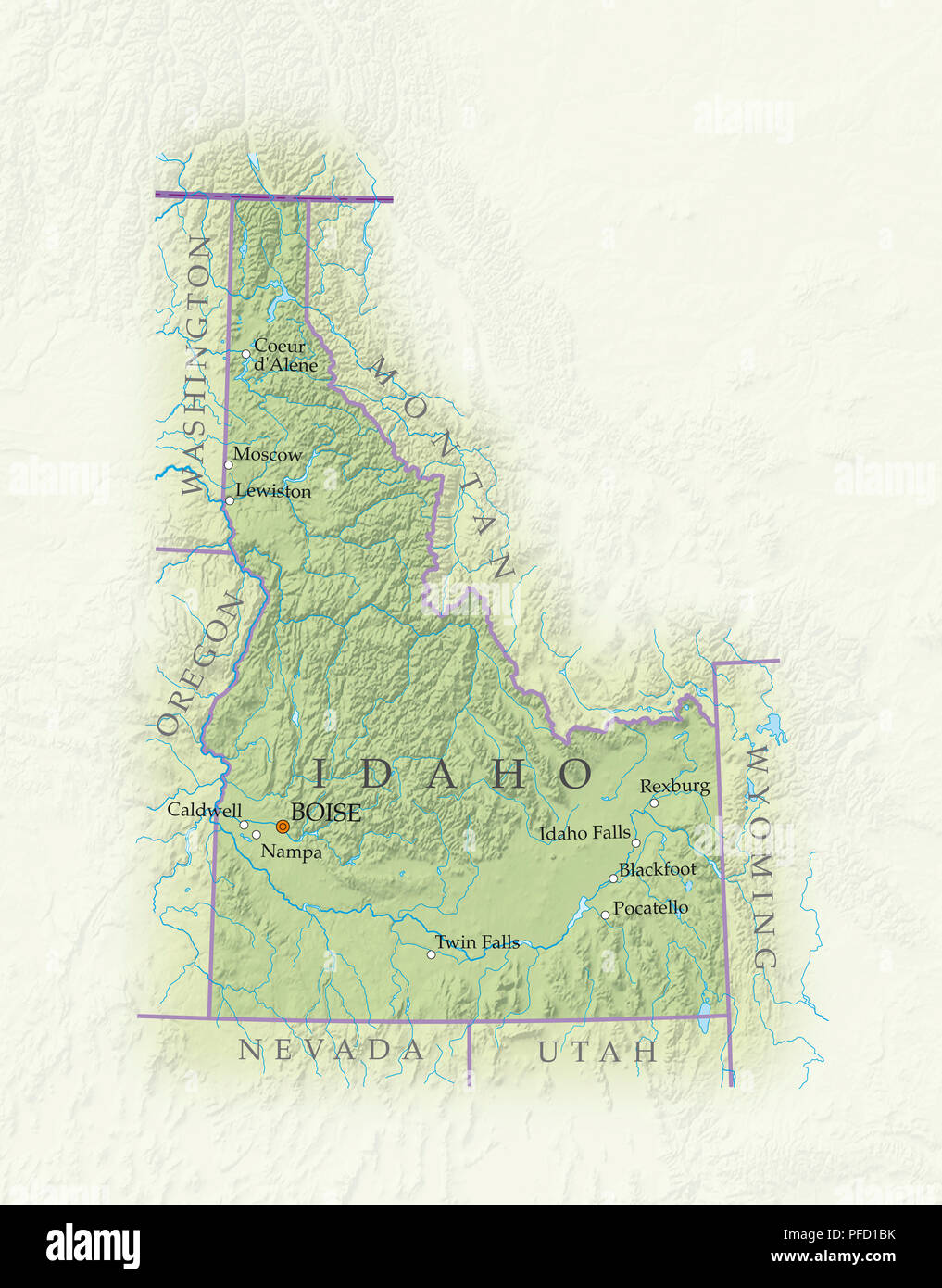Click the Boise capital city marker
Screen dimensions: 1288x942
pos(283,826)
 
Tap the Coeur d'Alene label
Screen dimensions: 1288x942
pos(283,356)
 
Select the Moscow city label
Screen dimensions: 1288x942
pos(267,454)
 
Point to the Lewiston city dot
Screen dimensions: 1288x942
pos(230,500)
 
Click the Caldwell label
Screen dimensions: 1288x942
pos(204,810)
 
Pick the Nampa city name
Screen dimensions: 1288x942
pos(291,852)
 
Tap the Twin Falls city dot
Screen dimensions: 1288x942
pos(431,954)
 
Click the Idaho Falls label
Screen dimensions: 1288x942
pos(584,833)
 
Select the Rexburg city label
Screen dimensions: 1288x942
pos(674,786)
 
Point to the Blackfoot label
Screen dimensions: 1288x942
pos(658,869)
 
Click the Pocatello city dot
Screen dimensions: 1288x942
pos(605,915)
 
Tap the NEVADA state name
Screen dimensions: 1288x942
pos(331,1050)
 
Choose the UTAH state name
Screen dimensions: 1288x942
pos(597,1052)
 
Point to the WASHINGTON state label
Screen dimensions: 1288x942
pos(197,366)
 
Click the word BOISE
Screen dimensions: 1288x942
pos(325,813)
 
